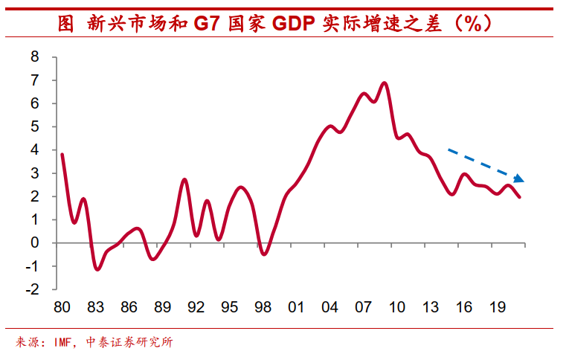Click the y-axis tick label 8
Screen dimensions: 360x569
(34, 57)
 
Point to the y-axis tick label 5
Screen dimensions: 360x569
(34, 126)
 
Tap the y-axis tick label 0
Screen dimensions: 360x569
(34, 243)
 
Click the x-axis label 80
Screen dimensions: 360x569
(62, 306)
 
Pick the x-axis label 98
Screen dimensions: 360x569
(263, 306)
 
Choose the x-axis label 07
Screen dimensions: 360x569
(363, 306)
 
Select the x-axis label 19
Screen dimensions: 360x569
(497, 306)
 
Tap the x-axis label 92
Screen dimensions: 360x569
(196, 306)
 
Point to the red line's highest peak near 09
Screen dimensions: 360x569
(385, 83)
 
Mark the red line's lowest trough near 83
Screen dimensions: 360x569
(97, 269)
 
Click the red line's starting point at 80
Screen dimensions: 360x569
(62, 154)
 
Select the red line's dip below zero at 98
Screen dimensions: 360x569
(263, 254)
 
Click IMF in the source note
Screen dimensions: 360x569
(64, 343)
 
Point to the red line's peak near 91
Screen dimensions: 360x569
(185, 179)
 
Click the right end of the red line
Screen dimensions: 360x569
(519, 197)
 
